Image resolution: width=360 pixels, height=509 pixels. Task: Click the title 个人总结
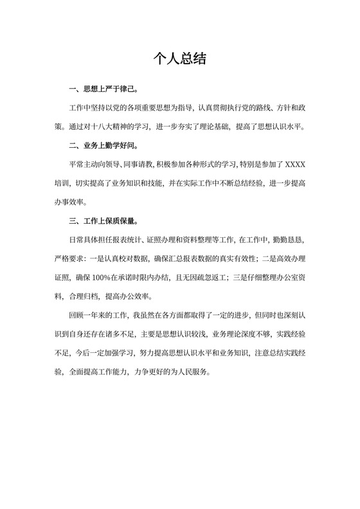pyautogui.click(x=180, y=59)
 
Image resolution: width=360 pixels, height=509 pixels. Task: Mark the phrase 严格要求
pyautogui.click(x=69, y=259)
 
